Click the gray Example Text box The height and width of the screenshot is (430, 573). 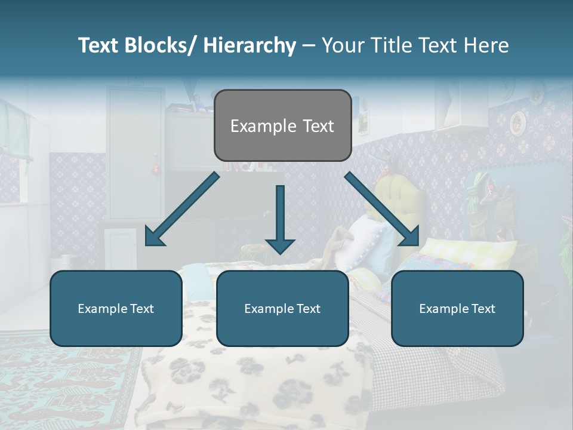point(282,125)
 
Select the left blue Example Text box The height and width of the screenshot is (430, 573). point(116,308)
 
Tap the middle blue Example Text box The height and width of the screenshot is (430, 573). point(282,308)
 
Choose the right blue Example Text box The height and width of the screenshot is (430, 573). point(457,308)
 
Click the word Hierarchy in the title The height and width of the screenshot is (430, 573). point(249,45)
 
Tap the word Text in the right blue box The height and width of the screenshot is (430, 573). point(483,308)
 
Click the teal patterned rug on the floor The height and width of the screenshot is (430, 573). point(66,382)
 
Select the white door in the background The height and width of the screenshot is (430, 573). point(135,152)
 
